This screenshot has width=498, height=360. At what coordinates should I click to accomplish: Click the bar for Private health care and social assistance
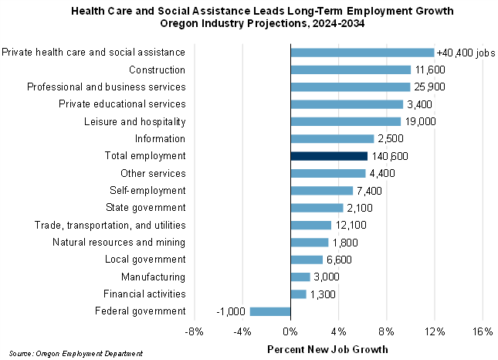pos(362,53)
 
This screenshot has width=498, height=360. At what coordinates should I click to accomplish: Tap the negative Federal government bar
pos(270,311)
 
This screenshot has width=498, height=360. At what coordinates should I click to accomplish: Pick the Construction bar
pos(351,70)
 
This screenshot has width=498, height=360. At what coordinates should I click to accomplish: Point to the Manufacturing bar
pos(300,277)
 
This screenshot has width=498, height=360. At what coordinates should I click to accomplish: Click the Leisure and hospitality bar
pos(346,121)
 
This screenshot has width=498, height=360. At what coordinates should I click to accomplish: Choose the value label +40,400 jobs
pos(466,53)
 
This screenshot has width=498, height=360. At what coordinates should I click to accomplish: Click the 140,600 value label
pos(390,156)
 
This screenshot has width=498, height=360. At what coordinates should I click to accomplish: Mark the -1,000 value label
pos(230,311)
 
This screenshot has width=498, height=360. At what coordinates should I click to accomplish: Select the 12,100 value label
pos(352,225)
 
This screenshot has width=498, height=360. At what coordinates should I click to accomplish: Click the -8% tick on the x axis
pos(195,332)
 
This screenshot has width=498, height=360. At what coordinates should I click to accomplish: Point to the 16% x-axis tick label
pos(483,332)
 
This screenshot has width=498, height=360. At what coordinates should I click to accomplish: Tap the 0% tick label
pos(290,332)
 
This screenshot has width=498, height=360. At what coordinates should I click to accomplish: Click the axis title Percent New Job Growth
pos(327,349)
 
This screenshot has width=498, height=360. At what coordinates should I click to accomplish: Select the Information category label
pos(160,139)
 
